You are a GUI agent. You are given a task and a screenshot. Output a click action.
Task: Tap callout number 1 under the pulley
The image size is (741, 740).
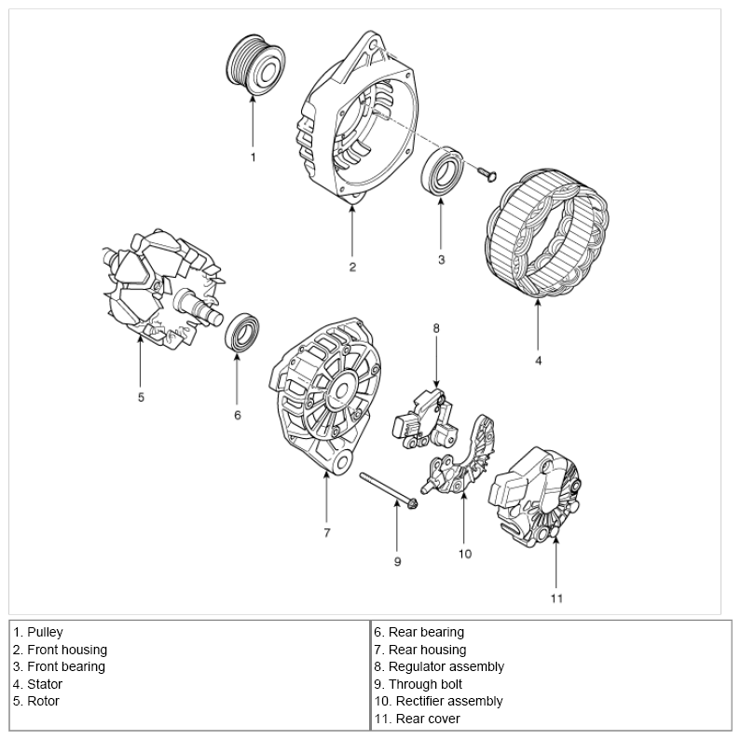pos(253,158)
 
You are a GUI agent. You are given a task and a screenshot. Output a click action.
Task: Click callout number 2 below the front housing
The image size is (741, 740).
pos(352,267)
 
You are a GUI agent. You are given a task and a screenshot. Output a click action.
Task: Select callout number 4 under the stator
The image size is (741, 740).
pos(538,359)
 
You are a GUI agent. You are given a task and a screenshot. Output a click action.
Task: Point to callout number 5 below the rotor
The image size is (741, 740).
pos(141,397)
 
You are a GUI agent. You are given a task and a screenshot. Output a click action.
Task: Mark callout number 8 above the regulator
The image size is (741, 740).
pos(435,327)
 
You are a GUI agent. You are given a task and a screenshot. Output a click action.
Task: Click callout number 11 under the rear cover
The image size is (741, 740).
pos(556,597)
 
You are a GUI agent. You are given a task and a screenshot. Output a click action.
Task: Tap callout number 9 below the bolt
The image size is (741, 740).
pos(397,562)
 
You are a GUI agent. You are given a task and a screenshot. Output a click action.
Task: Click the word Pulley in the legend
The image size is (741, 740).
pos(45,632)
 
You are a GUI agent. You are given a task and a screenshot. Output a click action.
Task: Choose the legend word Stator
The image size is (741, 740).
pos(45,684)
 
